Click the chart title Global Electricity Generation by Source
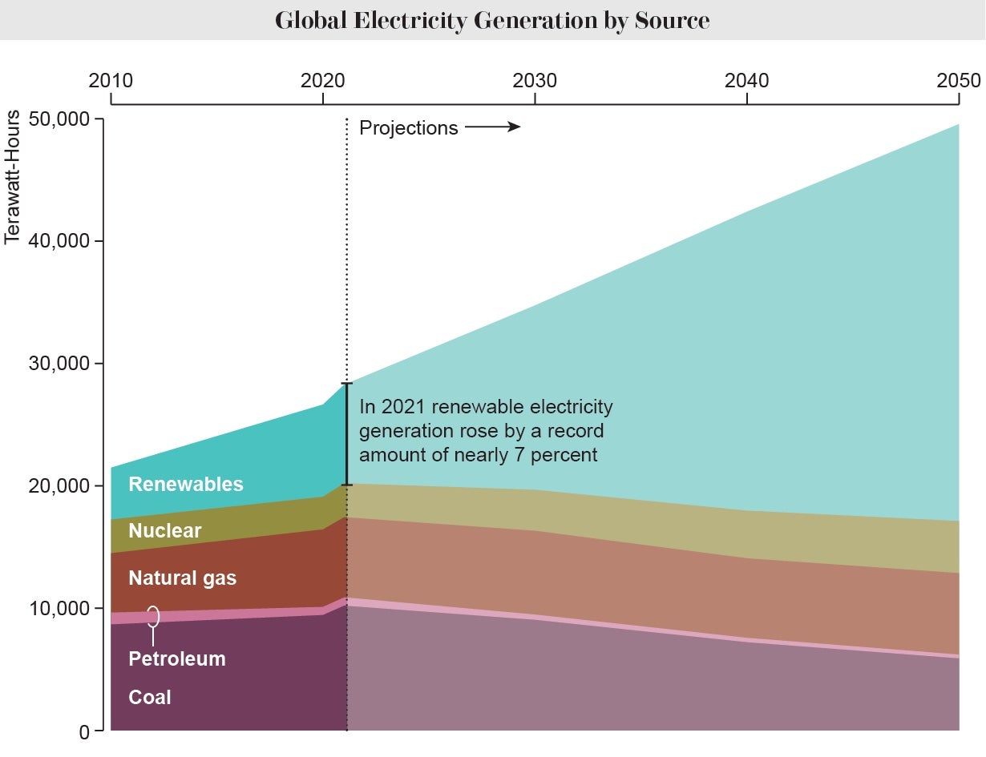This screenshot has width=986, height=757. click(x=492, y=20)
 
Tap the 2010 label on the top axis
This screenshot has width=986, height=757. click(x=111, y=80)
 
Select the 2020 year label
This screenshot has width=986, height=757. click(x=322, y=80)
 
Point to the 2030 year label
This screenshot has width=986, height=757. click(x=535, y=80)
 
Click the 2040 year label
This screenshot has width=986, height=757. click(x=746, y=80)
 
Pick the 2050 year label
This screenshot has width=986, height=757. click(x=958, y=80)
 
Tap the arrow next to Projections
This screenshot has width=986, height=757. click(x=493, y=127)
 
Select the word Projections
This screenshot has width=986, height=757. click(x=408, y=128)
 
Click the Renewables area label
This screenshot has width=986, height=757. click(x=185, y=484)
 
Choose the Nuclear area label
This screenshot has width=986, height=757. click(x=164, y=530)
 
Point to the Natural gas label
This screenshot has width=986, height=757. click(x=182, y=578)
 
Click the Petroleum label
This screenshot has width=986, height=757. click(x=176, y=658)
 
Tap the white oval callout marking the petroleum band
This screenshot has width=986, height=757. click(x=153, y=616)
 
